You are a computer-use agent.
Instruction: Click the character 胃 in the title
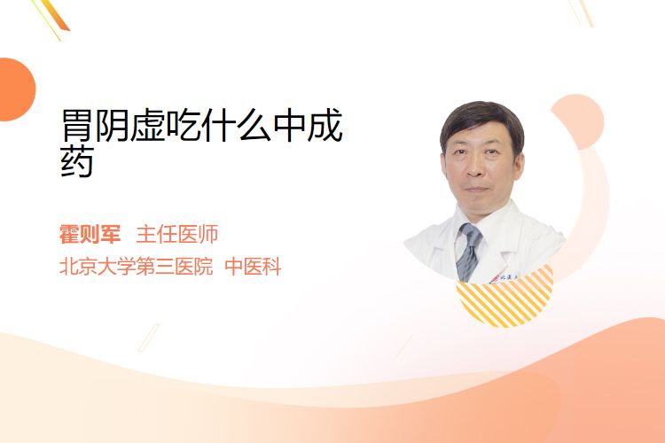[x=77, y=125]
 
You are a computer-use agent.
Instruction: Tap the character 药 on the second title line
[x=77, y=161]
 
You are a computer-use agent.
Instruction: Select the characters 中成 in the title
[x=308, y=125]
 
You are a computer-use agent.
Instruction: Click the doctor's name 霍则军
[x=90, y=234]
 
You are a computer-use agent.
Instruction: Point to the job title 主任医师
[x=176, y=234]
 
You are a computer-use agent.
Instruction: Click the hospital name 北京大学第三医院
[x=136, y=267]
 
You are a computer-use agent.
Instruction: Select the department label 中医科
[x=253, y=267]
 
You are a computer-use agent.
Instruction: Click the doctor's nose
[x=474, y=168]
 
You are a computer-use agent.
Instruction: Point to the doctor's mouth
[x=476, y=189]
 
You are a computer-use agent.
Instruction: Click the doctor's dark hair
[x=481, y=120]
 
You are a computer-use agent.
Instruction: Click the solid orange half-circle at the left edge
[x=16, y=89]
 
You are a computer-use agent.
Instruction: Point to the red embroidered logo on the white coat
[x=494, y=279]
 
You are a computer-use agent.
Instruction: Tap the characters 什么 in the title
[x=237, y=125]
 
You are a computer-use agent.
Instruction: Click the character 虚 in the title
[x=147, y=125]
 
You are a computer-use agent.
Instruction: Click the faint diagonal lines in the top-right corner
[x=581, y=12]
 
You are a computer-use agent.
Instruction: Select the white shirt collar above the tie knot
[x=470, y=221]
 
